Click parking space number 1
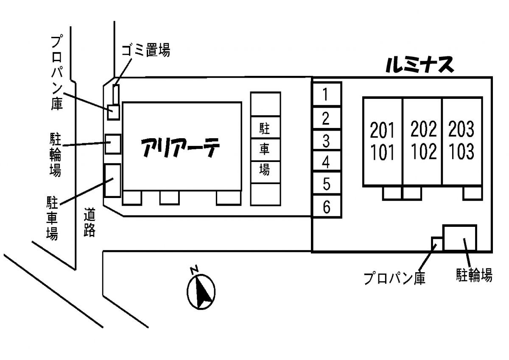326,94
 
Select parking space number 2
326,117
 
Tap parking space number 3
326,140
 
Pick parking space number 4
326,162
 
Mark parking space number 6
326,207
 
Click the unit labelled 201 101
383,141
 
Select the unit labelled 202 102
423,141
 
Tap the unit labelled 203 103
461,141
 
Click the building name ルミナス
420,65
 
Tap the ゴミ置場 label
145,51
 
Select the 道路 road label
89,222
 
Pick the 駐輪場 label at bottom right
474,275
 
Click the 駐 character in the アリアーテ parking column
265,127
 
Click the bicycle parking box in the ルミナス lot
459,237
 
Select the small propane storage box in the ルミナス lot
437,243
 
